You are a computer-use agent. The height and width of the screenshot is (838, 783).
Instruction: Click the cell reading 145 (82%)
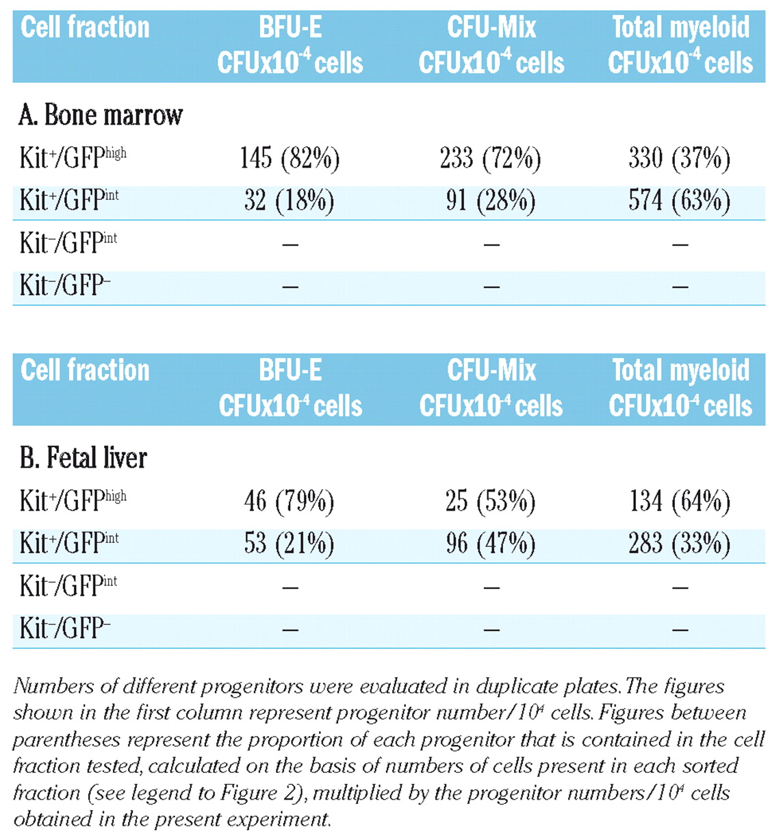[x=290, y=159]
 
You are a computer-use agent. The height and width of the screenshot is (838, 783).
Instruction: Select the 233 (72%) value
[x=490, y=159]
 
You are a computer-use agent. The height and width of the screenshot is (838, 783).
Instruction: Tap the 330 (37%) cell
[x=679, y=159]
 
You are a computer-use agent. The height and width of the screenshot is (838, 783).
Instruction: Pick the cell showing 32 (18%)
[x=290, y=201]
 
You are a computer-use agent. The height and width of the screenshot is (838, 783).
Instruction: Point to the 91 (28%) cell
[x=491, y=201]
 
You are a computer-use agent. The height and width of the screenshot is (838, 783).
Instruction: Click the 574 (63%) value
[x=679, y=201]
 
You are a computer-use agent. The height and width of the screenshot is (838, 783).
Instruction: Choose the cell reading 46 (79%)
[x=289, y=502]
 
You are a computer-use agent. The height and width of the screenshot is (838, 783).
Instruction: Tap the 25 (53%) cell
[x=490, y=502]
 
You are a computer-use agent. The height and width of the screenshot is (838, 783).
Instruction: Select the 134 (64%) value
[x=680, y=502]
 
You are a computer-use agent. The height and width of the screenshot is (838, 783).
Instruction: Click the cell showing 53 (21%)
[x=290, y=544]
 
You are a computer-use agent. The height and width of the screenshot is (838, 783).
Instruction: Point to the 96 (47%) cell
[x=491, y=544]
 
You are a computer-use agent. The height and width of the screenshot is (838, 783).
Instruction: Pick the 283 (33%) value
[x=679, y=544]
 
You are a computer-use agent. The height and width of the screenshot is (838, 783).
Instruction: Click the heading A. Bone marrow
[x=101, y=115]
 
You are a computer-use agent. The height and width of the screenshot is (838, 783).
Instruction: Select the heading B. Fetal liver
[x=83, y=458]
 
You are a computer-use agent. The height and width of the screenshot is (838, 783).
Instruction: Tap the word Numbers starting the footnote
[x=53, y=687]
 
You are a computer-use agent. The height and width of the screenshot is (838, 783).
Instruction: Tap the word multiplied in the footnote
[x=359, y=793]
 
